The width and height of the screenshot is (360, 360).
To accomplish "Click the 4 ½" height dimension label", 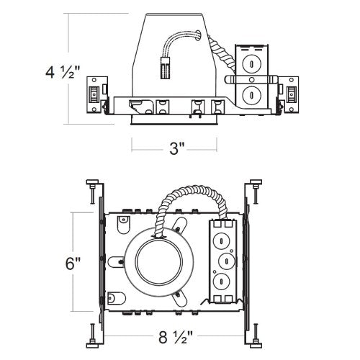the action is point(63,72).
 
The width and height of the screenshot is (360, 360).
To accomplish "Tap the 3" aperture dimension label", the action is point(176,148).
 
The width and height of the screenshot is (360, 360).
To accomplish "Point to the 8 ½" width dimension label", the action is point(176,337).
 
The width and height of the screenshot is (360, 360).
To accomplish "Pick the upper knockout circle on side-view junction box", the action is point(251,64).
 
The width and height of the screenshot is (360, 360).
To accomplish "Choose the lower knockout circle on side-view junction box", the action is point(251,94).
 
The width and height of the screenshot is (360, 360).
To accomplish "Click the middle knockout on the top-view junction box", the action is point(227,260).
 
